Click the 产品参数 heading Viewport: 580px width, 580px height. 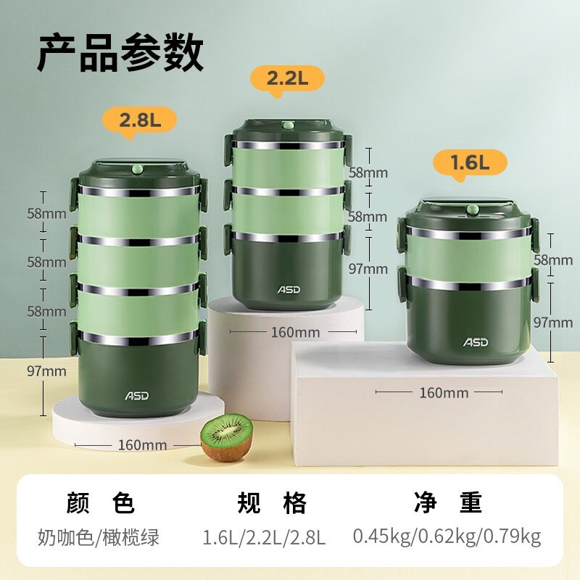click(x=120, y=52)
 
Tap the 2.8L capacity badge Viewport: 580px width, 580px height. click(x=140, y=120)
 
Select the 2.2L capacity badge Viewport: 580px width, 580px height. click(x=287, y=79)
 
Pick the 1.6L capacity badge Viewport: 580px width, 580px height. click(x=470, y=163)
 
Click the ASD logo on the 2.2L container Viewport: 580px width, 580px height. click(x=289, y=289)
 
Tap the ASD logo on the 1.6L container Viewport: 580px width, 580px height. click(x=476, y=341)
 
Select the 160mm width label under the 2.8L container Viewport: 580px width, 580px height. click(x=142, y=444)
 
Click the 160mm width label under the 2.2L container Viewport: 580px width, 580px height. click(x=295, y=332)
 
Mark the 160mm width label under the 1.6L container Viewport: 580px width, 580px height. click(x=444, y=392)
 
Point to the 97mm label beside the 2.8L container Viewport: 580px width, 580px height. click(x=46, y=371)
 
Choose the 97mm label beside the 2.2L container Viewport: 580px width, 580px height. click(x=368, y=268)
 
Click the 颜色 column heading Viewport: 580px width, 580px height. click(x=100, y=502)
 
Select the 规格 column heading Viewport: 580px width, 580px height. click(x=272, y=502)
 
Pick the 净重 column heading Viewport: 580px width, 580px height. click(x=448, y=502)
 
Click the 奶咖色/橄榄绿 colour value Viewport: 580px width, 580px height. click(x=99, y=537)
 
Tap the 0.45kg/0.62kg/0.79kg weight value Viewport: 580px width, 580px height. click(x=447, y=537)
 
